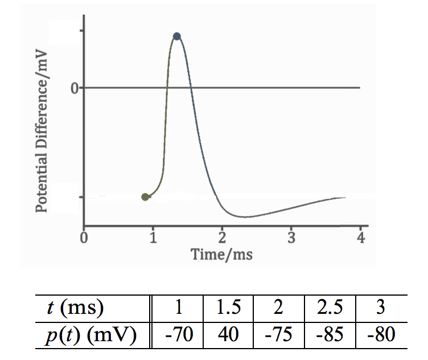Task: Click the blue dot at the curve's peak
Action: coord(177,36)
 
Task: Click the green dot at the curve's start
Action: coord(145,197)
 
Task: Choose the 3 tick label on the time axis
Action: coord(291,238)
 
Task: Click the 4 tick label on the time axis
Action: coord(360,238)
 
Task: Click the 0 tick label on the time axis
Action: coord(84,238)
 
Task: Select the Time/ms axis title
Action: coord(222,254)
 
